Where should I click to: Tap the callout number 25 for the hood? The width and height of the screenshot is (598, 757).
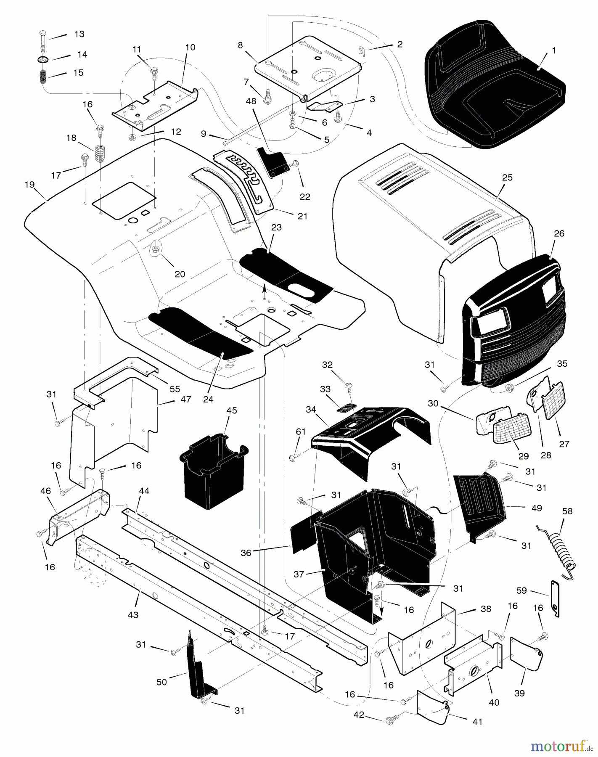point(507,177)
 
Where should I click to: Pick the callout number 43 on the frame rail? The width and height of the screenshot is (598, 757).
point(133,614)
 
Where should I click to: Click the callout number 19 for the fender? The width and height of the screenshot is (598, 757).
point(29,184)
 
